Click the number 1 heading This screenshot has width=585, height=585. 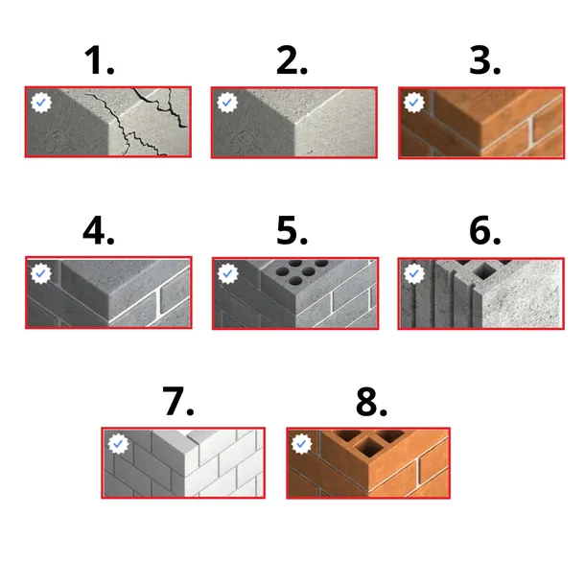(99, 60)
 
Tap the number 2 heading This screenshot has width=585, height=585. (292, 60)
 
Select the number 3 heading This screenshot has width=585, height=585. (484, 60)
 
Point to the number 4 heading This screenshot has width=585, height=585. (99, 230)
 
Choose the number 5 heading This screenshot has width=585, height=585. (292, 230)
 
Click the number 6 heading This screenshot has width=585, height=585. (484, 230)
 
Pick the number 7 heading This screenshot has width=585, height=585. (178, 401)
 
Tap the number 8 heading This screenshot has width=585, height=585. (371, 401)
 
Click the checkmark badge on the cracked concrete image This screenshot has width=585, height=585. (41, 103)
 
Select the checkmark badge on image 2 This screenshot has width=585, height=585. (227, 103)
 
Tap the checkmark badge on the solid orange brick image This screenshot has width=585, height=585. (414, 103)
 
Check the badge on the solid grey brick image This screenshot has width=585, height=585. (41, 273)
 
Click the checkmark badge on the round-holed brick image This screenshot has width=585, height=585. (228, 273)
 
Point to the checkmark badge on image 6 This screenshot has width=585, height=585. (414, 273)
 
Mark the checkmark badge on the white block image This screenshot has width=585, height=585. (118, 444)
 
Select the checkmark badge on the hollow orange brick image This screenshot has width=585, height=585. (301, 444)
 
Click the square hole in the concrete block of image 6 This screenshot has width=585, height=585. (484, 270)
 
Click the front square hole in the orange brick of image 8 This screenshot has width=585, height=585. (367, 447)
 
